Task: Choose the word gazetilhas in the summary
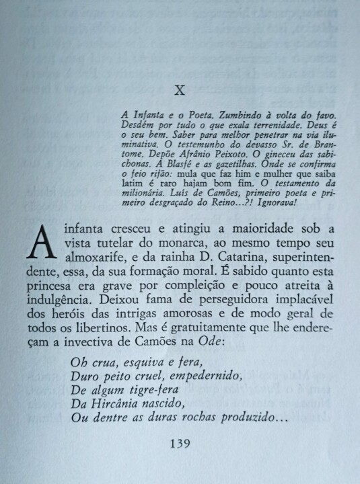[x=227, y=169]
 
